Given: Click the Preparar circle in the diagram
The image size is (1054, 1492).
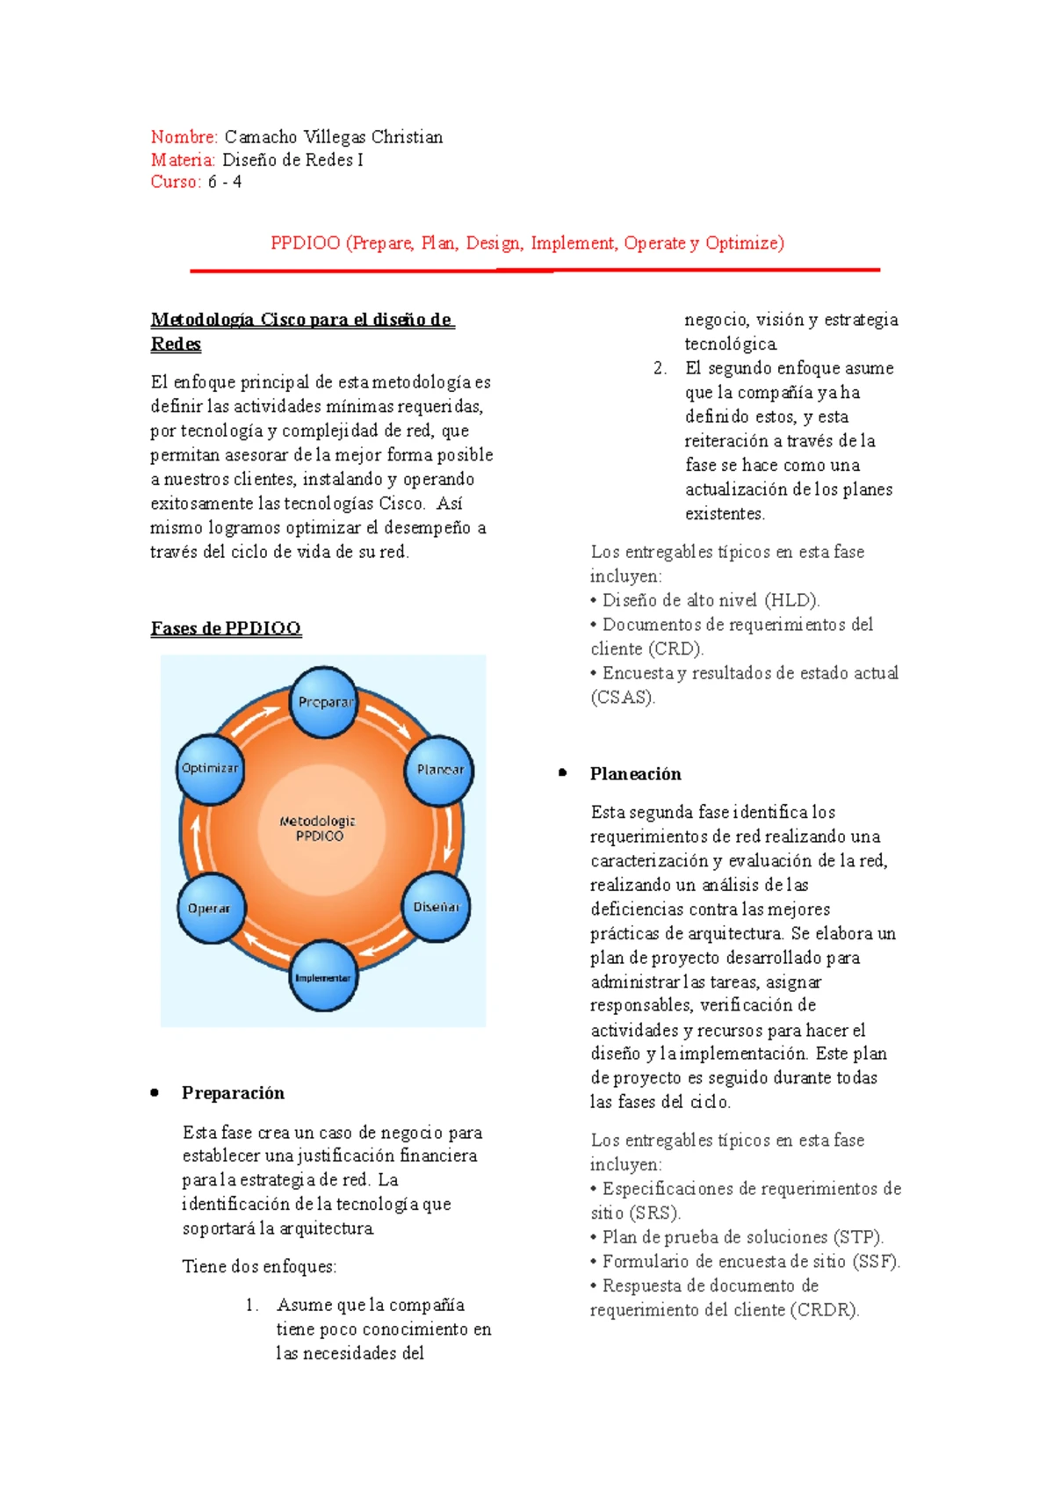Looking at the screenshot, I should click(x=324, y=702).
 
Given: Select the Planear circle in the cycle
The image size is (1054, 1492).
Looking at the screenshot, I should click(x=439, y=770).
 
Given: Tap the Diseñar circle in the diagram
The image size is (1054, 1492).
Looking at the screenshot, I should click(x=436, y=907).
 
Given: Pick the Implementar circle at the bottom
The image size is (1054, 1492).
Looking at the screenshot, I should click(x=322, y=977).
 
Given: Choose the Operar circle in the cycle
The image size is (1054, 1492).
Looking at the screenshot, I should click(x=210, y=909).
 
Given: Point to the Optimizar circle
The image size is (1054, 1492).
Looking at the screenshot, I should click(x=210, y=769).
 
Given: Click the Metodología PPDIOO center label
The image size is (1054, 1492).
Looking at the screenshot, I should click(x=318, y=829).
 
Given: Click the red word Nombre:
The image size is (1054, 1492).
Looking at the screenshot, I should click(x=184, y=137).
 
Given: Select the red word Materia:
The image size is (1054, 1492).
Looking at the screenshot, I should click(x=183, y=160).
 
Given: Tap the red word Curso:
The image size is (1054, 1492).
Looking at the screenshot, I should click(x=176, y=182).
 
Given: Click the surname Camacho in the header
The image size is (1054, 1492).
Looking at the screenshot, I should click(x=261, y=137).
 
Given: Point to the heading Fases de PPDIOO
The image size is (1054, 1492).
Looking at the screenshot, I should click(x=226, y=628).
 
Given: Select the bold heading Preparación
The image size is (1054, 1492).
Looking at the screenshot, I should click(x=233, y=1093).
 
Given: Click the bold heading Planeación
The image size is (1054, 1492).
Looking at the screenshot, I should click(x=635, y=774).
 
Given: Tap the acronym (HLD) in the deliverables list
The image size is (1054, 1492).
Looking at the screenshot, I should click(x=791, y=601).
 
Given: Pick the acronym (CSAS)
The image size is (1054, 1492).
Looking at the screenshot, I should click(x=623, y=698).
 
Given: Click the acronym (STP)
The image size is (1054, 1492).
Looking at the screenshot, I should click(x=857, y=1237).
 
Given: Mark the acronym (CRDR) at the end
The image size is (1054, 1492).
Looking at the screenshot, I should click(x=824, y=1310).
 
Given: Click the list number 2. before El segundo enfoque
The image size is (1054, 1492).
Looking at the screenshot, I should click(x=661, y=368).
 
